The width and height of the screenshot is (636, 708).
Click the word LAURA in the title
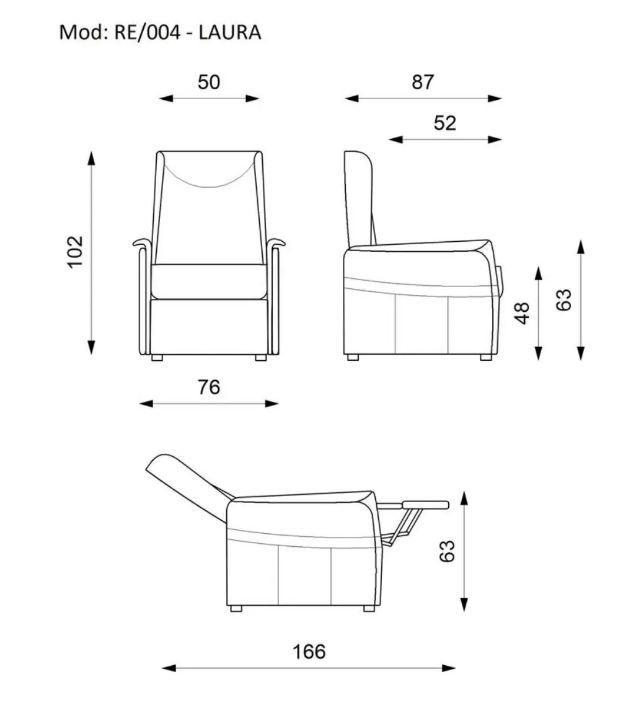point(230,33)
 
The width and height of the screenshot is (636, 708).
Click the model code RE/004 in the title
point(147,33)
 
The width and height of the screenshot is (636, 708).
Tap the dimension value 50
point(209,82)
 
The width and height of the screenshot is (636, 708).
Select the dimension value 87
point(423,82)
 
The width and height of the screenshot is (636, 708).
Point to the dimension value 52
point(445,123)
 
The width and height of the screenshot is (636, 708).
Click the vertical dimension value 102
point(75,252)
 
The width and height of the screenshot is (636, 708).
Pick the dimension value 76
point(209,387)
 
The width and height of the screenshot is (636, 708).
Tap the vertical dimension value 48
point(521,313)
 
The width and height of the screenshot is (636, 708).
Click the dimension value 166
point(309,652)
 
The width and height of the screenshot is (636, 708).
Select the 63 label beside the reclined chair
point(447,551)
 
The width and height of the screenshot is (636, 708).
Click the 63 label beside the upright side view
point(563,300)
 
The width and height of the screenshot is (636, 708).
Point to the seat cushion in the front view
point(209,281)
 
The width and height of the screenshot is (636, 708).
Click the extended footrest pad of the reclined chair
point(426,505)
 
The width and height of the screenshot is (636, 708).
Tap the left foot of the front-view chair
point(157,358)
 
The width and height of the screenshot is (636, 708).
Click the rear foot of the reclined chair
point(236,609)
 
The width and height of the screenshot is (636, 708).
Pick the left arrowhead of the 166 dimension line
point(169,668)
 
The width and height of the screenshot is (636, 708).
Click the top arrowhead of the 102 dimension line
point(92,159)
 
